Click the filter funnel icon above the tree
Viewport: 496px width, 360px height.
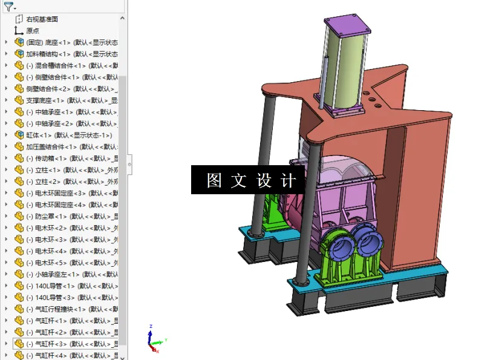click(8, 7)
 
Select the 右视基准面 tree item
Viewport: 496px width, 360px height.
click(42, 19)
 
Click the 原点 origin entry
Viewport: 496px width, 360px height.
click(32, 31)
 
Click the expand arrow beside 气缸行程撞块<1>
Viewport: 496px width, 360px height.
click(6, 309)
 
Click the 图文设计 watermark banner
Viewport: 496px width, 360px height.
click(248, 180)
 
